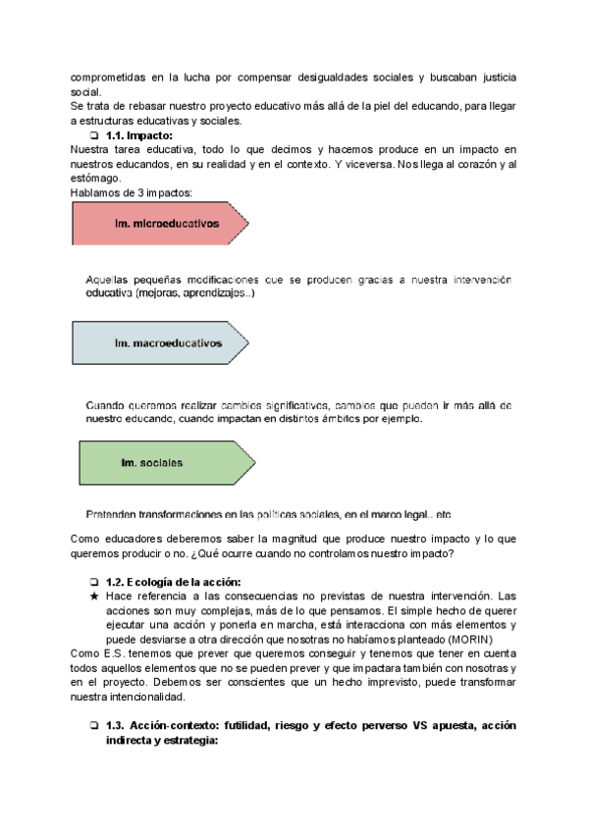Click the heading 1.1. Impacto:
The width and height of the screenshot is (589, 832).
click(x=138, y=135)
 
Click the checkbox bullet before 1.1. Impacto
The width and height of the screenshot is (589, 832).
click(x=93, y=135)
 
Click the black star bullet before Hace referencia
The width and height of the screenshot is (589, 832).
click(x=93, y=597)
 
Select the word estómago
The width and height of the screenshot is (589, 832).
click(x=95, y=179)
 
